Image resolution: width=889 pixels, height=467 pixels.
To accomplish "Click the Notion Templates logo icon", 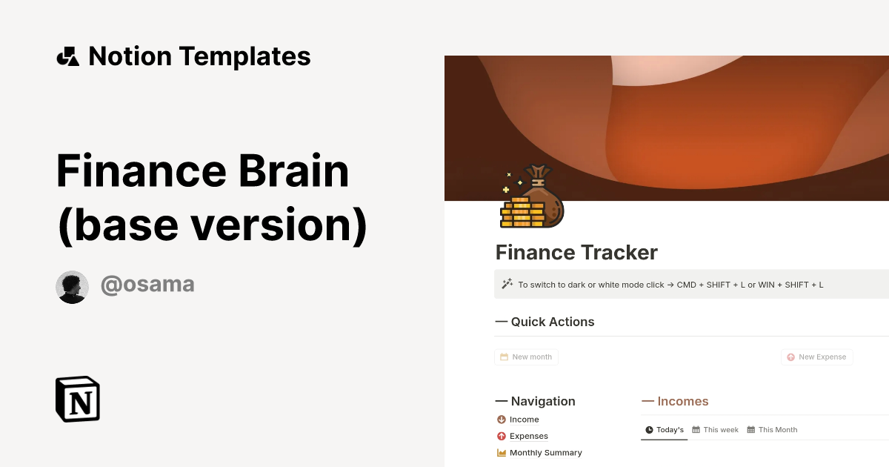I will point(67,57).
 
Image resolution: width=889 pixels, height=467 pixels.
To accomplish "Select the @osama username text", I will point(147,285).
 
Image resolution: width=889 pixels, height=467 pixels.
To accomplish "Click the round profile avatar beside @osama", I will point(73,287).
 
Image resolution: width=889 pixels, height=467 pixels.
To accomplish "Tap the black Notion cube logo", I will point(78,399).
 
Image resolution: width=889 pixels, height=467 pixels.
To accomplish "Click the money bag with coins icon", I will point(532,197).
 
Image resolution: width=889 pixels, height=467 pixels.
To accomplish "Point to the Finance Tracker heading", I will point(576,253).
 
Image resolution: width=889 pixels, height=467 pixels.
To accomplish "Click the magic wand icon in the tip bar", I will point(507,284).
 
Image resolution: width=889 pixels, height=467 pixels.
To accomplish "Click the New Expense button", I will point(816,357).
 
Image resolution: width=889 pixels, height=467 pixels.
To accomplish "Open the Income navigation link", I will point(524,420).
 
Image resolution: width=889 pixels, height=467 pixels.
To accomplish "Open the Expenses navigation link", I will point(528,436).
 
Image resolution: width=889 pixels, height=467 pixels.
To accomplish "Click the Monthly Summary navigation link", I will point(545,453).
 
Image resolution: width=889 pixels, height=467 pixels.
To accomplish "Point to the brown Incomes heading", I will point(682,401).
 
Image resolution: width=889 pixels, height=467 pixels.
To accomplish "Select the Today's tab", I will point(665,430).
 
